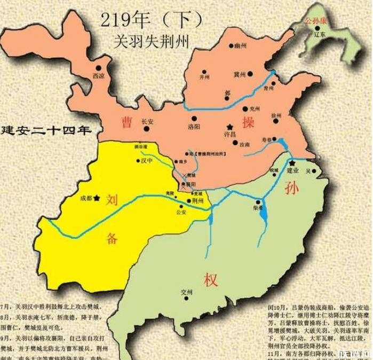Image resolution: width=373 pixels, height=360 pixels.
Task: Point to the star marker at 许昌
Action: pos(229,124)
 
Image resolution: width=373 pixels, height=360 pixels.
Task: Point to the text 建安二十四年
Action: pos(45,130)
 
